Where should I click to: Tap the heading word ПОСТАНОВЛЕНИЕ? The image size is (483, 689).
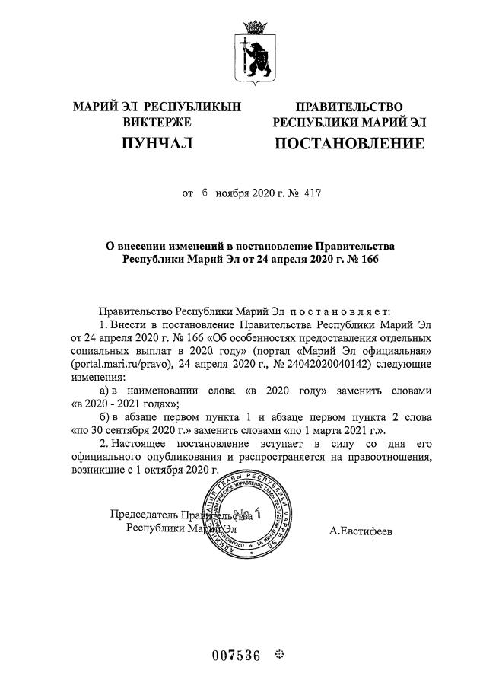click(349, 143)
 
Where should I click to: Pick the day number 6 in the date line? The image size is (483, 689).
click(205, 193)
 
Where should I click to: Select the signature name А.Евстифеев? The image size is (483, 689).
click(361, 530)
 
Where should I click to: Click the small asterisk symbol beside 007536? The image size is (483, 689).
click(278, 654)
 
